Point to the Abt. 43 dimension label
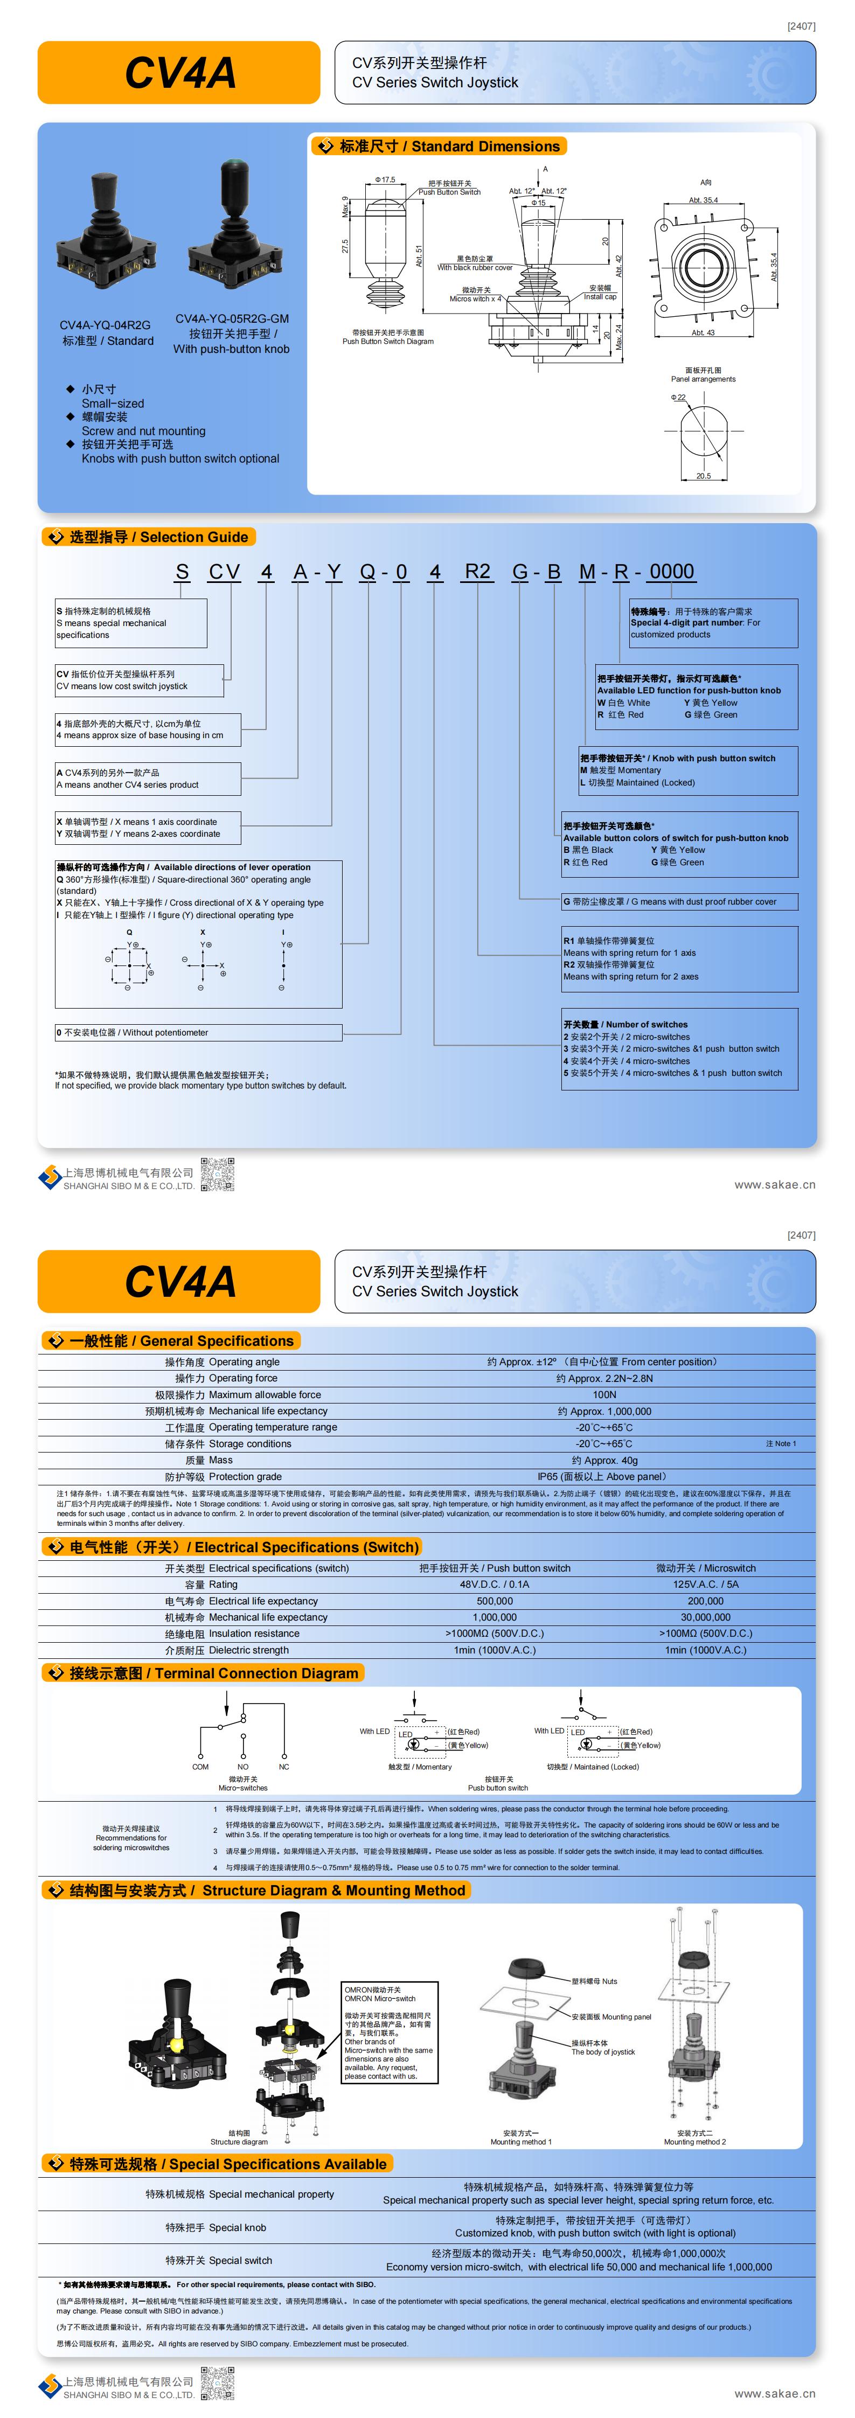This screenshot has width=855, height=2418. point(703,333)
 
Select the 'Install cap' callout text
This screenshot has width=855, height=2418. point(600,297)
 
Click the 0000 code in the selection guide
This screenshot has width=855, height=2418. point(671,572)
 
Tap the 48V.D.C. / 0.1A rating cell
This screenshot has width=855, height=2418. point(495,1585)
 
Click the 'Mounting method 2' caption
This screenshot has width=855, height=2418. point(694,2142)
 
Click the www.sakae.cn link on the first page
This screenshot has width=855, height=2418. point(774,1185)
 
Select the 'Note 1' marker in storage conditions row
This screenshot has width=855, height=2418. point(780,1444)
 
